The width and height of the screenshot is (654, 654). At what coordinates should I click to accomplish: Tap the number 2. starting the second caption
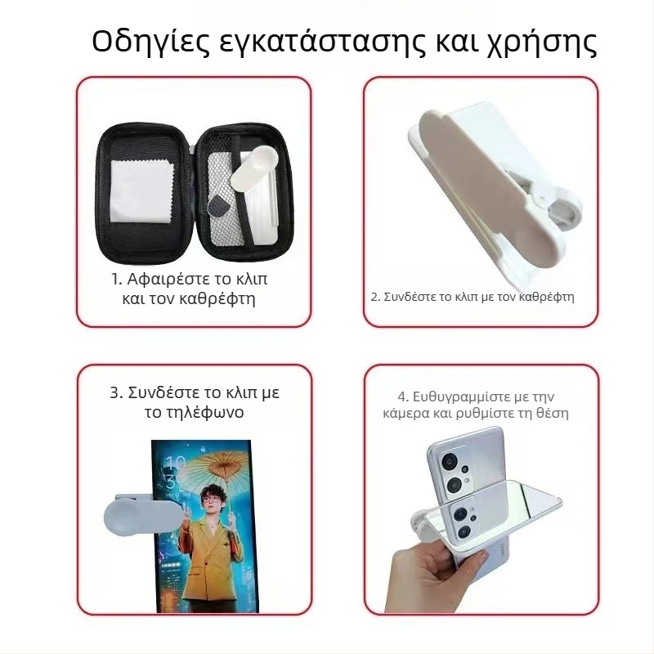pyautogui.click(x=376, y=297)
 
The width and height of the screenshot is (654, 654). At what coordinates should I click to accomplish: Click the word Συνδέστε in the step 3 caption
pyautogui.click(x=165, y=392)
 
